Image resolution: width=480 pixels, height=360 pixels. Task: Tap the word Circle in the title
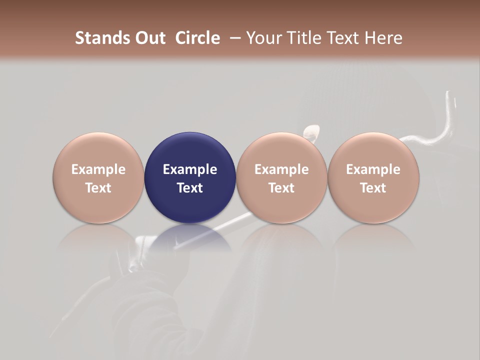click(x=197, y=38)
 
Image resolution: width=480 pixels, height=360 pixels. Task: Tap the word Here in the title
click(x=383, y=38)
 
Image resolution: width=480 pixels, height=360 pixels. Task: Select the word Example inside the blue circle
click(x=190, y=169)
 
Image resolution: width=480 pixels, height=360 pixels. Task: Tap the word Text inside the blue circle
click(x=190, y=188)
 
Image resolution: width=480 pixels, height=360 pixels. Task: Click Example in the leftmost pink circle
click(x=98, y=169)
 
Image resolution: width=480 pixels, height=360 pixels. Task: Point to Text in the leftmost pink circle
click(x=98, y=188)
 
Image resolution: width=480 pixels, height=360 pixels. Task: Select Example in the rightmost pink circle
click(x=373, y=169)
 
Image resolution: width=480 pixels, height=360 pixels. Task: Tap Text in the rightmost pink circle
click(x=373, y=188)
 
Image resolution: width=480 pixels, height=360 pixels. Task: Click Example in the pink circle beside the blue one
click(x=281, y=169)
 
